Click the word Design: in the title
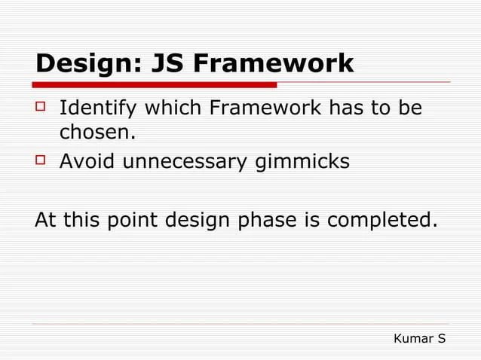tap(84, 64)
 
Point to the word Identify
tap(98, 110)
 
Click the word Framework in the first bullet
tap(265, 110)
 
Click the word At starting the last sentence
tap(45, 221)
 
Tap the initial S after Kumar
tap(440, 339)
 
